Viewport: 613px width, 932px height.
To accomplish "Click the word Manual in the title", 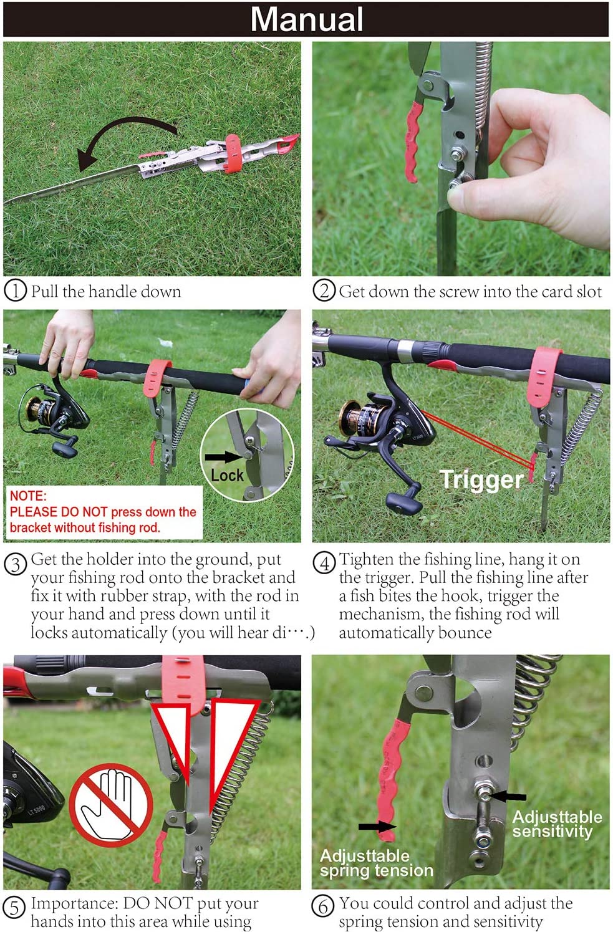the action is pos(307,19).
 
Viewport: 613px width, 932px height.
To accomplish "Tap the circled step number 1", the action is pos(16,291).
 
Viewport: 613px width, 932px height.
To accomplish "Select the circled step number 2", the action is pos(324,291).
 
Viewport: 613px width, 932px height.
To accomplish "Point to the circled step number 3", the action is pos(16,565).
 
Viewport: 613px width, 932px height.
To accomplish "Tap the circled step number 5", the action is pos(14,908).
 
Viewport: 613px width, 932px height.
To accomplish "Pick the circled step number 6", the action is pos(324,906).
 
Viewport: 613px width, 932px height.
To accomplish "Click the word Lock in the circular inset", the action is pos(227,475).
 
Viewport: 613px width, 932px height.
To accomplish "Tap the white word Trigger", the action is pos(481,480).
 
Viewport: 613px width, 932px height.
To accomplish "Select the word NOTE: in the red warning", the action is pos(28,496).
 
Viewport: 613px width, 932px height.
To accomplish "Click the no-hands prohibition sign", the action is pos(111,805).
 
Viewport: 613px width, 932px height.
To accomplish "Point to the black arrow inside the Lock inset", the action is pos(223,456).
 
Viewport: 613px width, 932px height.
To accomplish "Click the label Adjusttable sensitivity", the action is pos(557,824).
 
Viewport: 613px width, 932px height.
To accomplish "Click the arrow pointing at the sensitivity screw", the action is pos(508,796).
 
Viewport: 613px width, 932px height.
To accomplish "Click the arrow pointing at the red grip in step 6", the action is pos(377,826).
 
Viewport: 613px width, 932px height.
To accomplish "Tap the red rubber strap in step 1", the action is pos(233,153).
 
